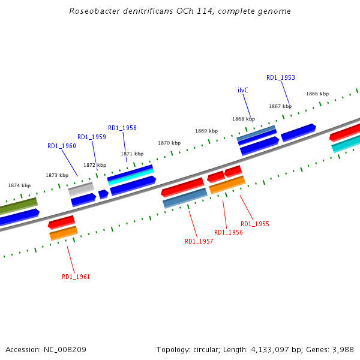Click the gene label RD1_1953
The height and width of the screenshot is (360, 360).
pyautogui.click(x=281, y=77)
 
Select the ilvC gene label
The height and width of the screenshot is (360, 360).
pyautogui.click(x=243, y=90)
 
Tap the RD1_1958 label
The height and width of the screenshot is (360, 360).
pyautogui.click(x=122, y=128)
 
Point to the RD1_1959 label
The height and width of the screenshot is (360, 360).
pyautogui.click(x=92, y=137)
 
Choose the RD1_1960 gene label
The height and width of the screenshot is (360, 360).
pyautogui.click(x=62, y=146)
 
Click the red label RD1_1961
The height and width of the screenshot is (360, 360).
pyautogui.click(x=76, y=277)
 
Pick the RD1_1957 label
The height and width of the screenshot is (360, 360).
pyautogui.click(x=199, y=241)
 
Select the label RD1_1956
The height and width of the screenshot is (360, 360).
pyautogui.click(x=229, y=232)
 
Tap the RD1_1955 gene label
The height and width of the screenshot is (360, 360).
pyautogui.click(x=255, y=224)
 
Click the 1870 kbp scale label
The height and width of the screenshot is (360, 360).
pyautogui.click(x=169, y=143)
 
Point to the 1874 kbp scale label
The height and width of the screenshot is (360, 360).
pyautogui.click(x=19, y=185)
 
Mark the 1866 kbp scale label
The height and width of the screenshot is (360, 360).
pyautogui.click(x=317, y=94)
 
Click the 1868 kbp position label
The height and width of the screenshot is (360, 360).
pyautogui.click(x=244, y=119)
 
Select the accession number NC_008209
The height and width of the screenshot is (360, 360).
pyautogui.click(x=64, y=349)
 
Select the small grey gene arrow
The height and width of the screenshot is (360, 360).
pyautogui.click(x=81, y=190)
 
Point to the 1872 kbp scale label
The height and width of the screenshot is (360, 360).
pyautogui.click(x=95, y=165)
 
